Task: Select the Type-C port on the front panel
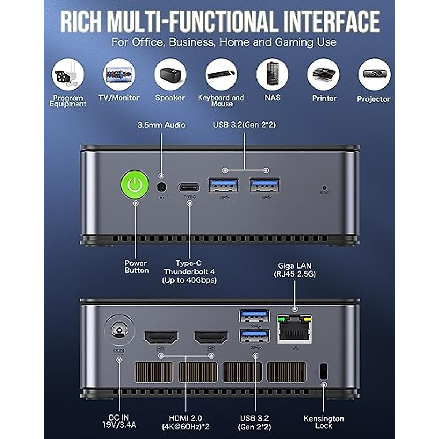click(x=189, y=188)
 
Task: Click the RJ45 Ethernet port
click(x=294, y=329)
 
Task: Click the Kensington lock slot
click(x=323, y=371)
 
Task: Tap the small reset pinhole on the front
click(x=324, y=188)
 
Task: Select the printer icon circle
click(x=323, y=75)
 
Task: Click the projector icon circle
click(x=374, y=75)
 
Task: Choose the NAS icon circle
click(x=272, y=75)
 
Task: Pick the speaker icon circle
click(x=170, y=75)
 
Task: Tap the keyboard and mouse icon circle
click(x=221, y=75)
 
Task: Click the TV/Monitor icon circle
click(x=119, y=75)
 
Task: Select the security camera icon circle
click(x=68, y=75)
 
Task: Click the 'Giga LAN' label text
click(x=295, y=266)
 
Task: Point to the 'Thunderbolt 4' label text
click(x=189, y=272)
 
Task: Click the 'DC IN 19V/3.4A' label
click(x=119, y=422)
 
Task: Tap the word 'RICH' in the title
click(x=81, y=22)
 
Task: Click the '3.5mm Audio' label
click(x=161, y=125)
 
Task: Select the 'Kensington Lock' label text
click(x=324, y=422)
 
